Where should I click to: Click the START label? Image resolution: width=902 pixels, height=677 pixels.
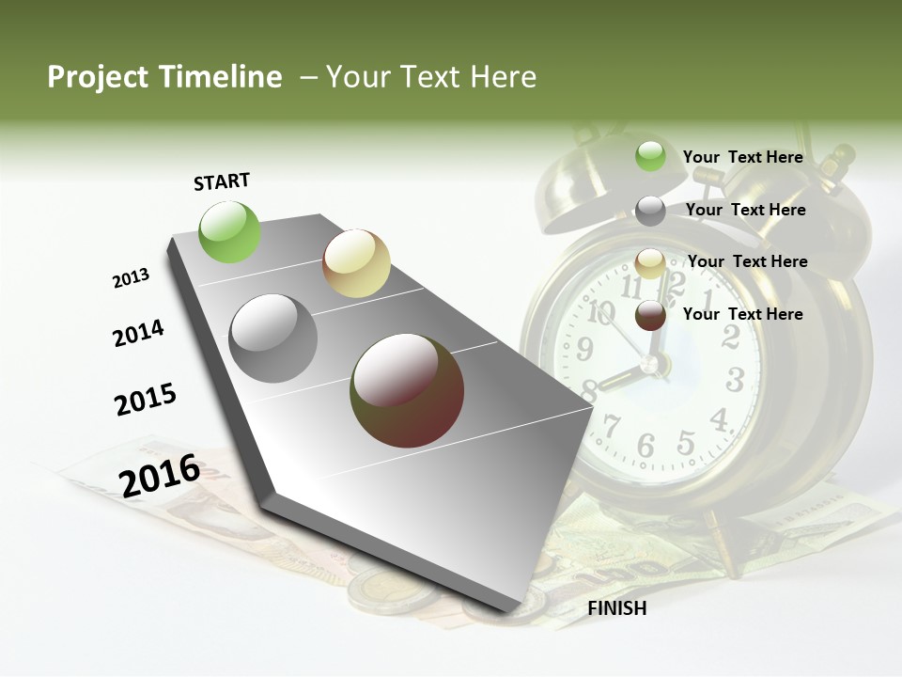[x=222, y=181]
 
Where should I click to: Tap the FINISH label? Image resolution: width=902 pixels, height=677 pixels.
[x=616, y=608]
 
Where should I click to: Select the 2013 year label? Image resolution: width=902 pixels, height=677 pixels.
[x=131, y=277]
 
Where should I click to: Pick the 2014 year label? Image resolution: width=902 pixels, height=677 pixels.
[x=138, y=333]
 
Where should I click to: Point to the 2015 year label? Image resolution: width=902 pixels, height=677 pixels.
[x=146, y=400]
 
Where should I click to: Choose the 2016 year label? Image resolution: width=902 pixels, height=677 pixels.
[x=160, y=475]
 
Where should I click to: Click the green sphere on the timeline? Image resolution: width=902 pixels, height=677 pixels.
[x=230, y=231]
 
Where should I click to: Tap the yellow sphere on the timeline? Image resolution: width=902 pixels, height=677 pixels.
[x=356, y=263]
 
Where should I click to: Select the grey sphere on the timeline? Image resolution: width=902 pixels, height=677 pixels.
[x=273, y=338]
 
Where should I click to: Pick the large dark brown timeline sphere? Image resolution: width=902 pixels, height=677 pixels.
[x=407, y=390]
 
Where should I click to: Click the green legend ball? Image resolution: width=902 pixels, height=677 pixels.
[x=650, y=156]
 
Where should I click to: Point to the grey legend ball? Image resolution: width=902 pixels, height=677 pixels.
[x=650, y=211]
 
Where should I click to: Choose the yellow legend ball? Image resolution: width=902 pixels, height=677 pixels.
[x=650, y=263]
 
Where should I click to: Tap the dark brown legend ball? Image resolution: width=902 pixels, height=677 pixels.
[x=650, y=315]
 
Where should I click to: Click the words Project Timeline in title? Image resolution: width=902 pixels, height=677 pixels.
[x=164, y=77]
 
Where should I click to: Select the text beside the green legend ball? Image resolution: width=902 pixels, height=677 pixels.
[x=742, y=157]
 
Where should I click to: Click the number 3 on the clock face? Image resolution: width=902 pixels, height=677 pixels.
[x=736, y=380]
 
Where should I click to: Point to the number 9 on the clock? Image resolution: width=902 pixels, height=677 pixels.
[x=584, y=350]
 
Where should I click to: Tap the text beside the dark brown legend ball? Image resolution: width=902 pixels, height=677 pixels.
[x=742, y=314]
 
